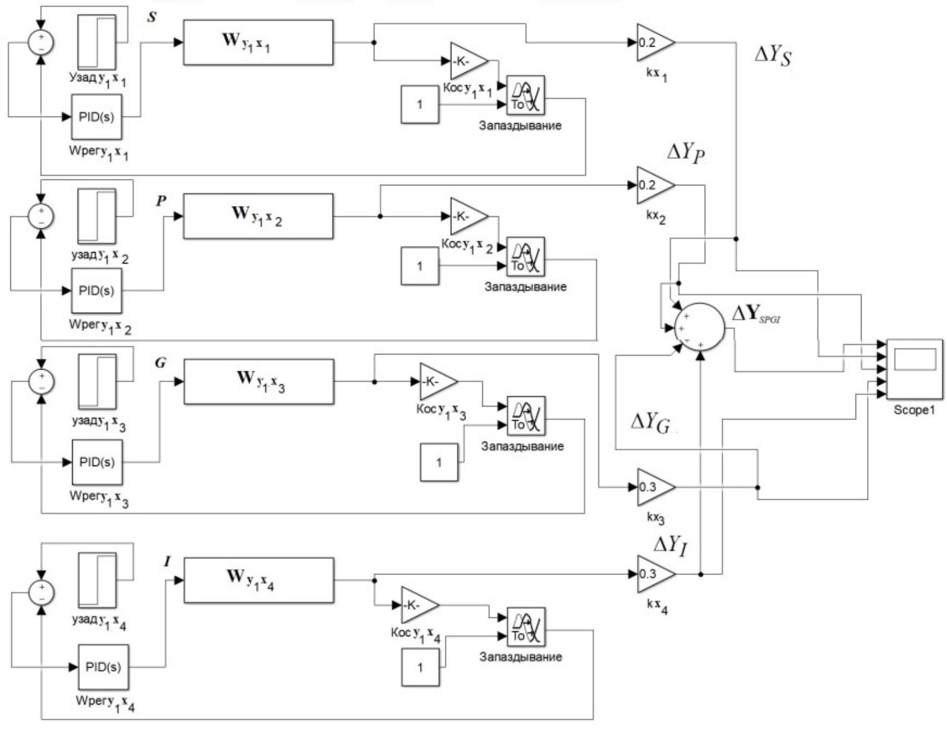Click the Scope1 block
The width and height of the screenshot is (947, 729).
(914, 369)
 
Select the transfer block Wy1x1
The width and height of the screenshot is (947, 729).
(258, 42)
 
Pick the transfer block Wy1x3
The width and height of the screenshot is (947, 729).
(259, 381)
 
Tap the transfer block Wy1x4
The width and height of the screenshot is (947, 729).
(259, 580)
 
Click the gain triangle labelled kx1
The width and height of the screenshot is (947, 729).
(654, 43)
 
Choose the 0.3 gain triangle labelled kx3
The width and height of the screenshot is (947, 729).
(654, 487)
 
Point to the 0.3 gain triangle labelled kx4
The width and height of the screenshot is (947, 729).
(654, 574)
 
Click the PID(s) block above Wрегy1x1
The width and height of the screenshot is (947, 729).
(96, 116)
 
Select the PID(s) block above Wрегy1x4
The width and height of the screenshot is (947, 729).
(103, 667)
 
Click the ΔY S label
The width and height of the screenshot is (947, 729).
(773, 57)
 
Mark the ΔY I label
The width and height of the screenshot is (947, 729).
(670, 545)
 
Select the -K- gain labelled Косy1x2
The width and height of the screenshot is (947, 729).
(468, 216)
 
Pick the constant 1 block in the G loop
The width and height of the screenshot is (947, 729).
(439, 462)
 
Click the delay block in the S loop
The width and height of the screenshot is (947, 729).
(525, 95)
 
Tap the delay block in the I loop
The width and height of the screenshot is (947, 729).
(525, 627)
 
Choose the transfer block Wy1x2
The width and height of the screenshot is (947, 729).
(258, 216)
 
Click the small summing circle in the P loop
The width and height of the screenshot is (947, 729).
(41, 215)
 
